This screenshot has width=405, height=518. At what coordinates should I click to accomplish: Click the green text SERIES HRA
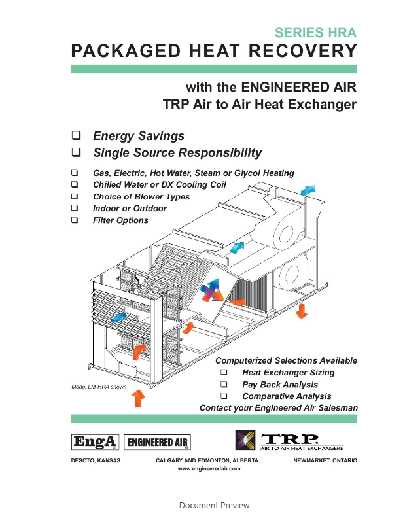(x=316, y=33)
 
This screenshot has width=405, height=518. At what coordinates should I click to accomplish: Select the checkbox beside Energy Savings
(x=76, y=136)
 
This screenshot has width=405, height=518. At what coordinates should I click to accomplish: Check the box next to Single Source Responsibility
(x=76, y=153)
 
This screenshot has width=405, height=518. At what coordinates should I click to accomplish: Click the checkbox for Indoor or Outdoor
(x=75, y=209)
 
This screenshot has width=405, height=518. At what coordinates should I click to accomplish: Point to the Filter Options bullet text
(x=120, y=220)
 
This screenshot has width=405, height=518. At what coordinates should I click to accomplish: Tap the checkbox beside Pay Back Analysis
(x=224, y=385)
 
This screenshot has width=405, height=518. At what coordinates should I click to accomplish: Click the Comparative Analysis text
(x=287, y=396)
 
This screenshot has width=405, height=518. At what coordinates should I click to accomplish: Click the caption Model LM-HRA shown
(x=99, y=387)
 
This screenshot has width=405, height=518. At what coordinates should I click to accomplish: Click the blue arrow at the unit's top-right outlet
(x=307, y=190)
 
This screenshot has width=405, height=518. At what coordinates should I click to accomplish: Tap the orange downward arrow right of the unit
(x=301, y=311)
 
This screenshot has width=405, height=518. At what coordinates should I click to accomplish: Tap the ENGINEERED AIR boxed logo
(x=158, y=443)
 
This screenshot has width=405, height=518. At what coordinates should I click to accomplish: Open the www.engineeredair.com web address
(x=204, y=469)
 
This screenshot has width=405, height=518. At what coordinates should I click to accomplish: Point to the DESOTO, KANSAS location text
(x=96, y=460)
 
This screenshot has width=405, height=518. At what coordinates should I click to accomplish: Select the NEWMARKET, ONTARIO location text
(x=326, y=460)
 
